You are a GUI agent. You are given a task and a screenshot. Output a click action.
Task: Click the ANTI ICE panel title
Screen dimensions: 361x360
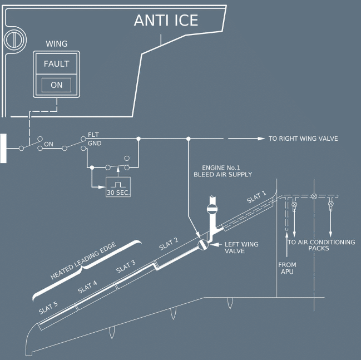166,20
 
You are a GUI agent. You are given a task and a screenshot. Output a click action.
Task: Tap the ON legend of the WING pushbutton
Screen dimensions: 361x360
56,85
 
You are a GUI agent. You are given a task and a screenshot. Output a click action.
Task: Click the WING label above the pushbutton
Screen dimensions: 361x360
57,44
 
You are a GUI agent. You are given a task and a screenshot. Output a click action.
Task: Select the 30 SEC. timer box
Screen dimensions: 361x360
118,187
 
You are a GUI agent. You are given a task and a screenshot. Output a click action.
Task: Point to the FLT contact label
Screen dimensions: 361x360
93,135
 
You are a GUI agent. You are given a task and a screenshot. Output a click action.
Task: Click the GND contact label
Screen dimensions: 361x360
95,143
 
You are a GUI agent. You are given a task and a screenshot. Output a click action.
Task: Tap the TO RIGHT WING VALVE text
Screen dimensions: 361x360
303,139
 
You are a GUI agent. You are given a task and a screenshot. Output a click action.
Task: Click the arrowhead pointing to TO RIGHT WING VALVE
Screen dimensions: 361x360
261,139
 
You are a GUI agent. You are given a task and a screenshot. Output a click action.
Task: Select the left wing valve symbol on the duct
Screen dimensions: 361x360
203,244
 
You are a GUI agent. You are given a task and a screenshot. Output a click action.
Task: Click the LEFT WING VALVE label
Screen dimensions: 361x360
241,248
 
